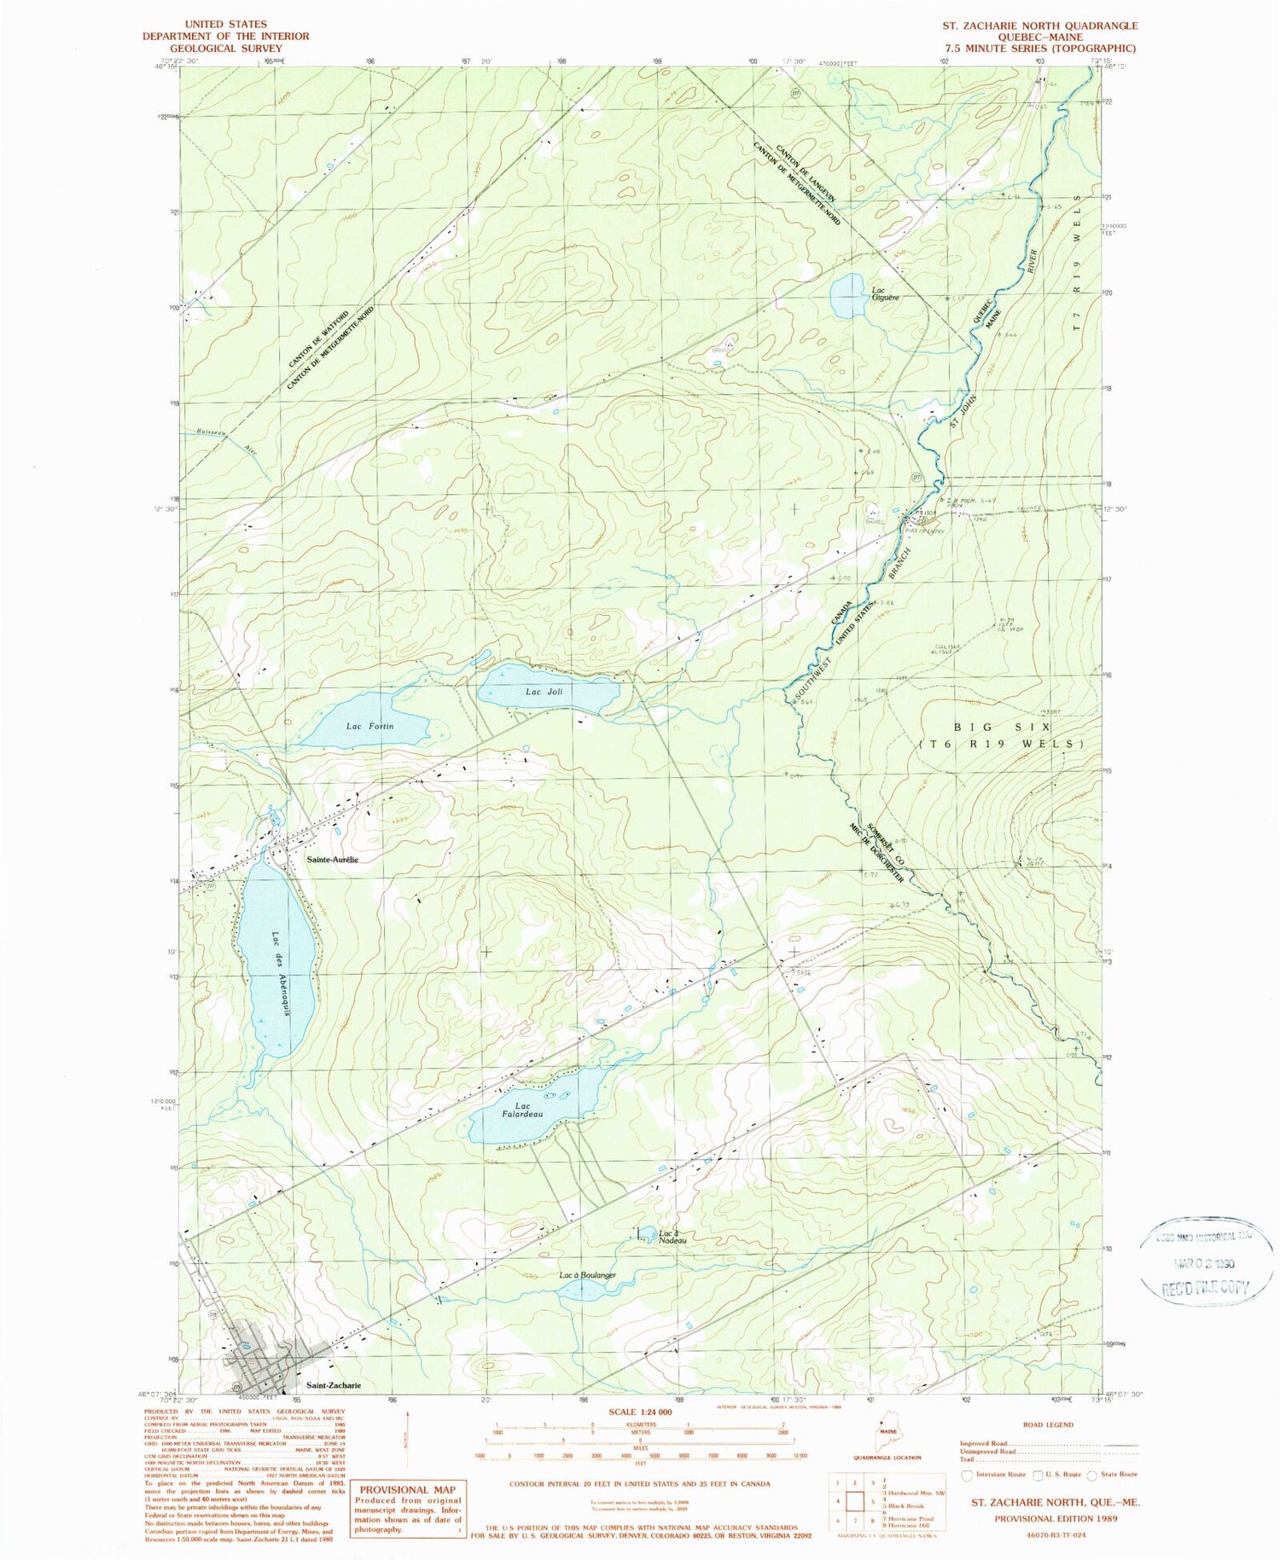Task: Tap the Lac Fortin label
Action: point(369,727)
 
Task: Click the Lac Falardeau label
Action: point(522,1111)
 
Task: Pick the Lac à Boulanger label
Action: point(587,1275)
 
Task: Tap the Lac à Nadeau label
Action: point(672,1236)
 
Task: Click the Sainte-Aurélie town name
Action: point(332,860)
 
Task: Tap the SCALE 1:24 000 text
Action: point(640,1412)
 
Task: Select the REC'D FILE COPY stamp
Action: point(1204,1288)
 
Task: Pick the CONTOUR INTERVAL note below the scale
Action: point(639,1484)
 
